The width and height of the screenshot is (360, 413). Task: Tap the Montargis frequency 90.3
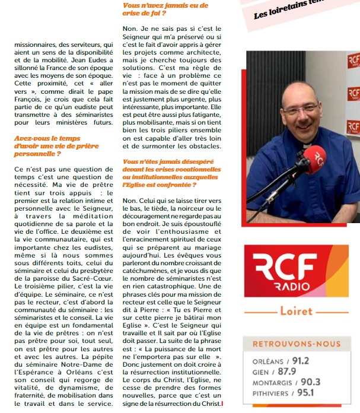[310, 382]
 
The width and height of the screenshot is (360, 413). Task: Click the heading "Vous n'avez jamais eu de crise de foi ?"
[165, 9]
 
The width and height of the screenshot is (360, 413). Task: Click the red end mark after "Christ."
[222, 404]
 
